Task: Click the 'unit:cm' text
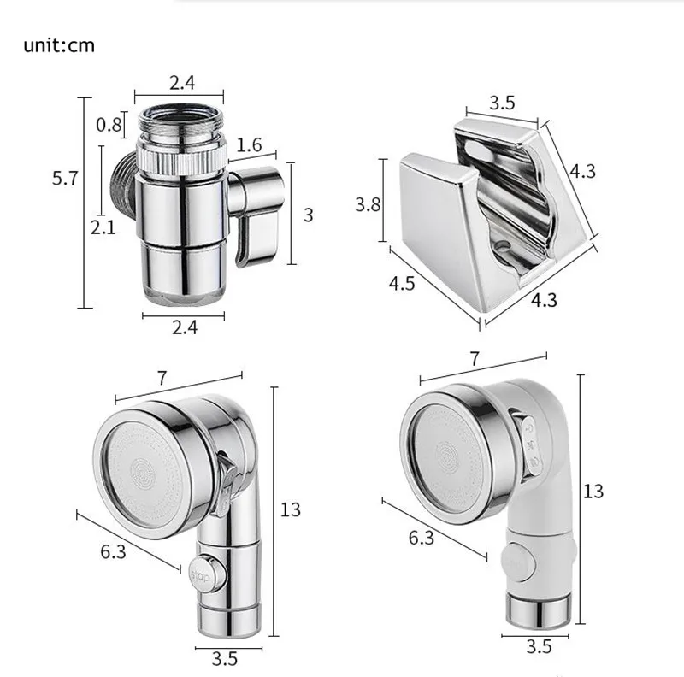59,45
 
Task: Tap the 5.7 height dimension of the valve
65,179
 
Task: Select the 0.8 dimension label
109,125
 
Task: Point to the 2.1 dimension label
103,227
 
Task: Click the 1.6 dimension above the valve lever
249,145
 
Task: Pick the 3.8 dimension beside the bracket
368,204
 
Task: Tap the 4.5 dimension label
402,284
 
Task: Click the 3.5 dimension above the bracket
502,103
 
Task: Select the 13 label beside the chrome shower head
290,509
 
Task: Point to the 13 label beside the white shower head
593,492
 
